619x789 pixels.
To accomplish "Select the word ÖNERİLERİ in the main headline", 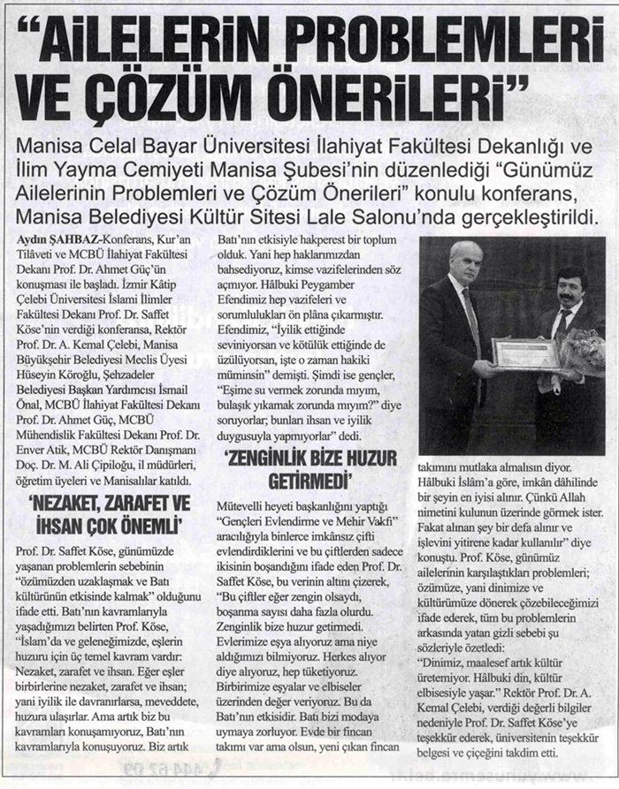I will pos(398,91).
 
